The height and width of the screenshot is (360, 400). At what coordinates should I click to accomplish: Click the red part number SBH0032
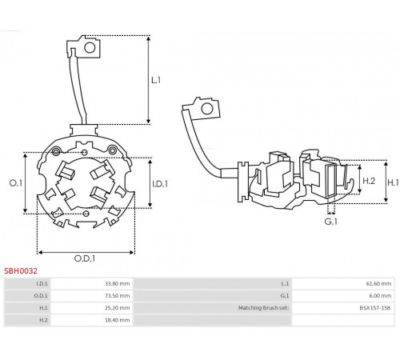[x=21, y=271]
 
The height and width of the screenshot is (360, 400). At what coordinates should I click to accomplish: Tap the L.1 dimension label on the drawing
[x=156, y=80]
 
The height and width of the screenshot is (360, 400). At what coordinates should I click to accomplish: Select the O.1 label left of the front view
[x=16, y=183]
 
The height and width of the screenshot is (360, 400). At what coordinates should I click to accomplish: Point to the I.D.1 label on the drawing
[x=160, y=184]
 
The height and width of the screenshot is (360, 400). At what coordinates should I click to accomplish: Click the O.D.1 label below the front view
[x=85, y=258]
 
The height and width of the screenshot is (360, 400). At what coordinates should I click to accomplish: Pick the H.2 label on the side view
[x=369, y=181]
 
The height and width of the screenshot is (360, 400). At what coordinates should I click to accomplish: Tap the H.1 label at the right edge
[x=393, y=182]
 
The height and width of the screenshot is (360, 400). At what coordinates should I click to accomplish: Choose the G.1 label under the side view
[x=330, y=222]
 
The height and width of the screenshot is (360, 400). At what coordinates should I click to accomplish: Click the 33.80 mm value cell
[x=117, y=283]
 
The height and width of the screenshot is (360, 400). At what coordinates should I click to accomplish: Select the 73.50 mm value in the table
[x=117, y=296]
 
